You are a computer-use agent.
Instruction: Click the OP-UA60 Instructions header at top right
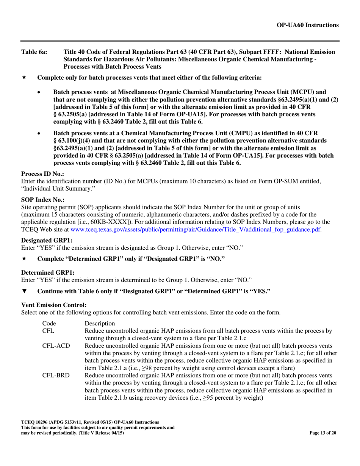point(308,25)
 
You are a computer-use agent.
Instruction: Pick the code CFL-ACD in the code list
point(56,346)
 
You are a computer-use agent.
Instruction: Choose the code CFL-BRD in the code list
point(56,375)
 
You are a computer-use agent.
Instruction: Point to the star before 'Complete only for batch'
point(24,78)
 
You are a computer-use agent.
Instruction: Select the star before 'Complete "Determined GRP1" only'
point(24,259)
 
